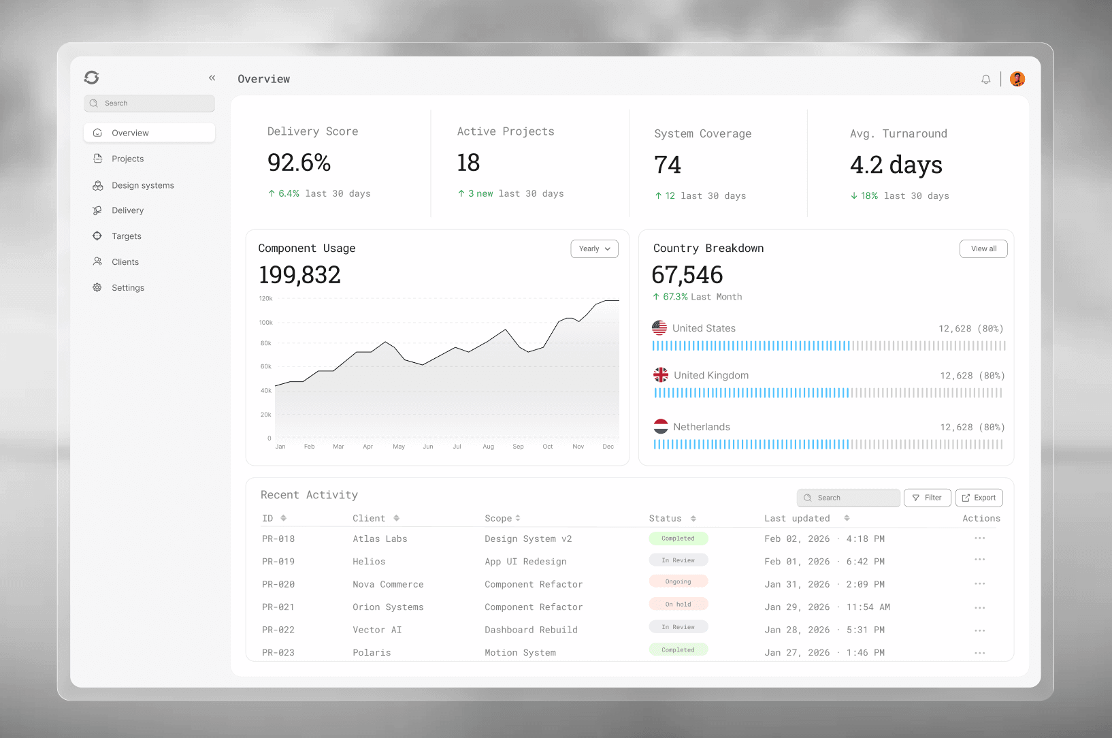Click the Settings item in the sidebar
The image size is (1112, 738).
pyautogui.click(x=128, y=288)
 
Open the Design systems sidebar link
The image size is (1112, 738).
pyautogui.click(x=142, y=185)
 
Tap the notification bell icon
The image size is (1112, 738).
pyautogui.click(x=985, y=80)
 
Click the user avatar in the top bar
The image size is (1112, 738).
pyautogui.click(x=1017, y=79)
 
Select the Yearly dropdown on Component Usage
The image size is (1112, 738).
pyautogui.click(x=594, y=249)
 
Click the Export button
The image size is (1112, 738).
pyautogui.click(x=979, y=498)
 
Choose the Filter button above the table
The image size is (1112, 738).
pyautogui.click(x=927, y=498)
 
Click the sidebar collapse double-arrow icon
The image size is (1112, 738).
pyautogui.click(x=212, y=78)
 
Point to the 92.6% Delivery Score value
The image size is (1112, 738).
pyautogui.click(x=299, y=163)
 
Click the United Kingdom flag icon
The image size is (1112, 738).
pyautogui.click(x=661, y=375)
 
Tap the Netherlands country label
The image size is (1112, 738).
pyautogui.click(x=701, y=427)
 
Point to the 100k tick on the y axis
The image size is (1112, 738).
pyautogui.click(x=265, y=323)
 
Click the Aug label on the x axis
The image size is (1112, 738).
pyautogui.click(x=488, y=447)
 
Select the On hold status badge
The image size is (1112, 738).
pyautogui.click(x=678, y=605)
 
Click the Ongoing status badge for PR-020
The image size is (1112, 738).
pyautogui.click(x=678, y=581)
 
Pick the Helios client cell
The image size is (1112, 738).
pyautogui.click(x=369, y=562)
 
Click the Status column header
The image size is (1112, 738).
pyautogui.click(x=665, y=519)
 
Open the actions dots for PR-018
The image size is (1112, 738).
pyautogui.click(x=979, y=539)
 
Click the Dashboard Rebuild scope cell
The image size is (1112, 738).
pyautogui.click(x=531, y=630)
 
